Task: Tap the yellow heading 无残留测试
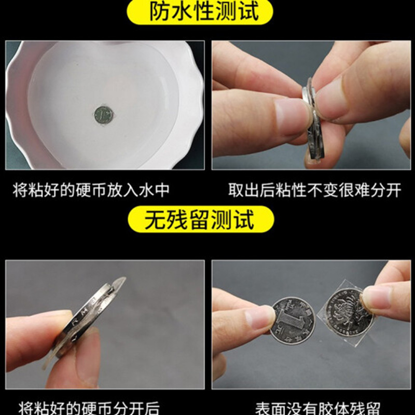[x=200, y=219]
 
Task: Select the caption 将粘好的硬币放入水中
[x=91, y=189]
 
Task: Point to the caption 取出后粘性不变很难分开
[x=315, y=189]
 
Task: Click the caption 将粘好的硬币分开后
[x=89, y=407]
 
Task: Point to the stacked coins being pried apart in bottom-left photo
[x=88, y=316]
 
